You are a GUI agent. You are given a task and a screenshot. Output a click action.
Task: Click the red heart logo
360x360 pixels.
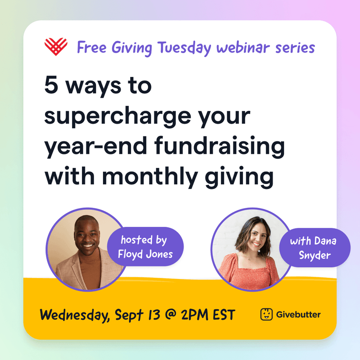pyautogui.click(x=56, y=45)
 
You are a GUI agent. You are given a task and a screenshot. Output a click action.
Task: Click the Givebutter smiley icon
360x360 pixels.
pyautogui.click(x=266, y=314)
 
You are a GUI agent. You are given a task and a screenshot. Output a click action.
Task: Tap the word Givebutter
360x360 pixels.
pyautogui.click(x=298, y=314)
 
